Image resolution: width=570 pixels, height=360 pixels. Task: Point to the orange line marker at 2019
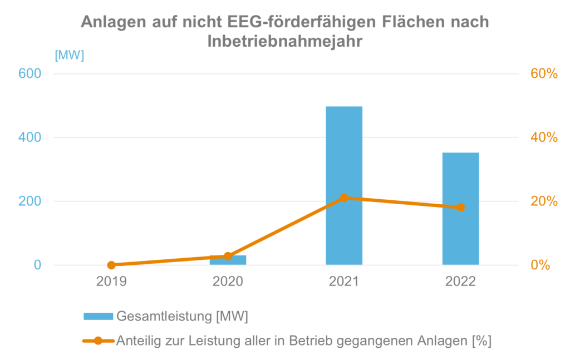(111, 265)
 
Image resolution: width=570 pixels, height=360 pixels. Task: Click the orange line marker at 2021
(344, 198)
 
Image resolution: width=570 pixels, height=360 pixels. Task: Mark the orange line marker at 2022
(460, 208)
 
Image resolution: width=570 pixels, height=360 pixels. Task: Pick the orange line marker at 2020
(228, 256)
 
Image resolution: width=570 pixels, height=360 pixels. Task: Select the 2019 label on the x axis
(111, 282)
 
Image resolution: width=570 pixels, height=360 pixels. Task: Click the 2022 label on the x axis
(460, 282)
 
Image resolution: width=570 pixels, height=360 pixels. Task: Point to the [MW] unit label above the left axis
(69, 55)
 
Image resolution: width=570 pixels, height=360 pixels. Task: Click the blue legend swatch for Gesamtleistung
(98, 316)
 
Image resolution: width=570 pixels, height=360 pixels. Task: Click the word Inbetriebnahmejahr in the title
(284, 41)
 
